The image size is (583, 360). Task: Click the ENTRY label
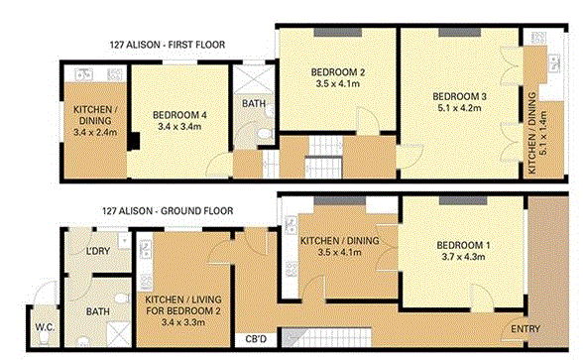click(525, 329)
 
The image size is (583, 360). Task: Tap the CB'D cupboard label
click(256, 339)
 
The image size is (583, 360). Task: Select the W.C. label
click(45, 327)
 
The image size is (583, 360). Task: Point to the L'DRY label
click(98, 251)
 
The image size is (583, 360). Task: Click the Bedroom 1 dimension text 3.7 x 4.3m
click(463, 257)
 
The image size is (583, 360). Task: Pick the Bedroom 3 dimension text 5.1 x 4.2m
click(459, 108)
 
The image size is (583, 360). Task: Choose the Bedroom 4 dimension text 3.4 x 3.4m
click(179, 127)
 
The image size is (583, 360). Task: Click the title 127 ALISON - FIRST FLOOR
click(168, 45)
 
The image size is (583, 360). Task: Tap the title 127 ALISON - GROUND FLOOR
click(168, 211)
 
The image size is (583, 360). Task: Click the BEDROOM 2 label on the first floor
click(338, 72)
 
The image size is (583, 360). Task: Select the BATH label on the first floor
click(254, 103)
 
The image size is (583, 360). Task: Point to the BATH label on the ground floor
click(98, 311)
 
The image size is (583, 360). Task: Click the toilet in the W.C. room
click(44, 337)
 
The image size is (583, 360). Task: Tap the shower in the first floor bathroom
click(254, 80)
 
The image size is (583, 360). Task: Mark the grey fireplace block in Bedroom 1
click(463, 200)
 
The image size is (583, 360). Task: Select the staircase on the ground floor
click(326, 337)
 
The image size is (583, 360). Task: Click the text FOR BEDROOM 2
click(182, 310)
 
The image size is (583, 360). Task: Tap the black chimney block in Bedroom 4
click(134, 141)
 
